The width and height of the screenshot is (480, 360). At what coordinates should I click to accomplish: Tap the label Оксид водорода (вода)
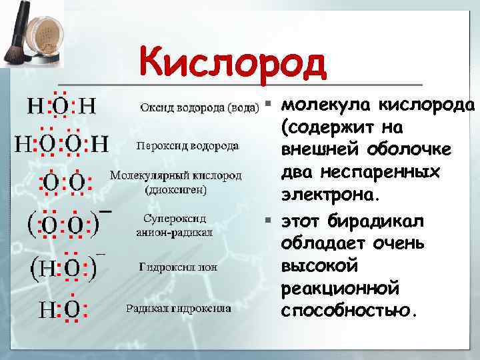click(199, 107)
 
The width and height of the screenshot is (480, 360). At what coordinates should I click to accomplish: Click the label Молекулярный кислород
click(175, 176)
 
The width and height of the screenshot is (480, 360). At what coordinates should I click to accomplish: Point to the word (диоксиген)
click(175, 189)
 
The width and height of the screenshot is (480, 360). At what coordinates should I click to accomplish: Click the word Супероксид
click(175, 219)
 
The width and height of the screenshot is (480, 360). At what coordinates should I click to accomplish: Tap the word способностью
click(349, 312)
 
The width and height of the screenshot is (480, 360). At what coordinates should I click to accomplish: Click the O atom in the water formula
click(60, 106)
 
